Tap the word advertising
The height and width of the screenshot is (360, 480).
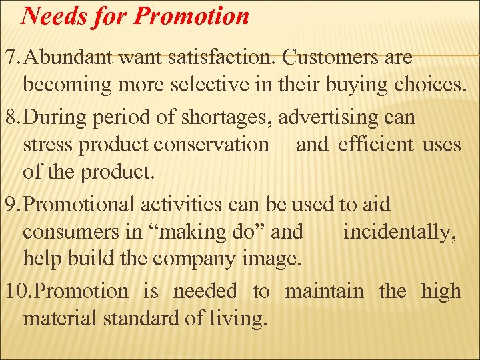click(x=335, y=117)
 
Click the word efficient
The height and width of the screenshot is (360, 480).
click(x=376, y=145)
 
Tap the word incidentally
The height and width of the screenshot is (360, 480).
click(x=400, y=232)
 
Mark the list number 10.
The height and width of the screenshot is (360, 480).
click(x=15, y=291)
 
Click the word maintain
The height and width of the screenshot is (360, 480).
click(x=325, y=291)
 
